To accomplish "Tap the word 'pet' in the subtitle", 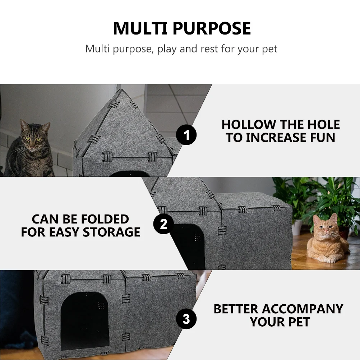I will tap(269, 49).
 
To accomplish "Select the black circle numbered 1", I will tap(186, 135).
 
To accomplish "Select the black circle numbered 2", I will tap(163, 224).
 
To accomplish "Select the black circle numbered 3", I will tap(186, 319).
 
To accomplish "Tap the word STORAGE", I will tap(111, 232).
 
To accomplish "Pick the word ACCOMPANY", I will tap(302, 309).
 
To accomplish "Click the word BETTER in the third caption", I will tap(236, 309).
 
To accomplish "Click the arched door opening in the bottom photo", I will tap(85, 323).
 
